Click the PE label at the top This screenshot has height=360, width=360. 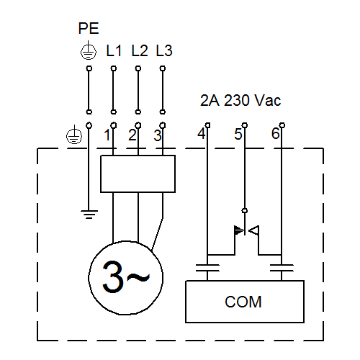[x=89, y=28]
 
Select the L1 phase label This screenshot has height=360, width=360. [x=114, y=50]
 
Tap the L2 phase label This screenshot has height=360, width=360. [x=140, y=50]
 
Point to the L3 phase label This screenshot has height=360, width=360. [x=164, y=50]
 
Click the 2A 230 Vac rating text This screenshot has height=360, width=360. [x=240, y=100]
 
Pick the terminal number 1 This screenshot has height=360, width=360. [x=107, y=135]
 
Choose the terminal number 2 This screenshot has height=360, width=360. [x=132, y=135]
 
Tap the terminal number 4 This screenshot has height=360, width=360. [x=202, y=133]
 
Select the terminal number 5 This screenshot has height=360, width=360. [x=238, y=134]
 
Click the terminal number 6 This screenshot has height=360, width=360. [x=276, y=133]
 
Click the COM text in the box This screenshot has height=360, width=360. [x=243, y=302]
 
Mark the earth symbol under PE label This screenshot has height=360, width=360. [x=89, y=50]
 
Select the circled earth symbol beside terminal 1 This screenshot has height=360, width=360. [x=74, y=135]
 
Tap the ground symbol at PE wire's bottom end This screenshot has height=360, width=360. [x=89, y=215]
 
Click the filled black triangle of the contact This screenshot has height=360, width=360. [x=239, y=230]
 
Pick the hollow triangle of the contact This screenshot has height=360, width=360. [x=254, y=230]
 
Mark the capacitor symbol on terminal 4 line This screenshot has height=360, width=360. [x=207, y=268]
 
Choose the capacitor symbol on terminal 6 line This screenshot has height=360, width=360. [x=282, y=268]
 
